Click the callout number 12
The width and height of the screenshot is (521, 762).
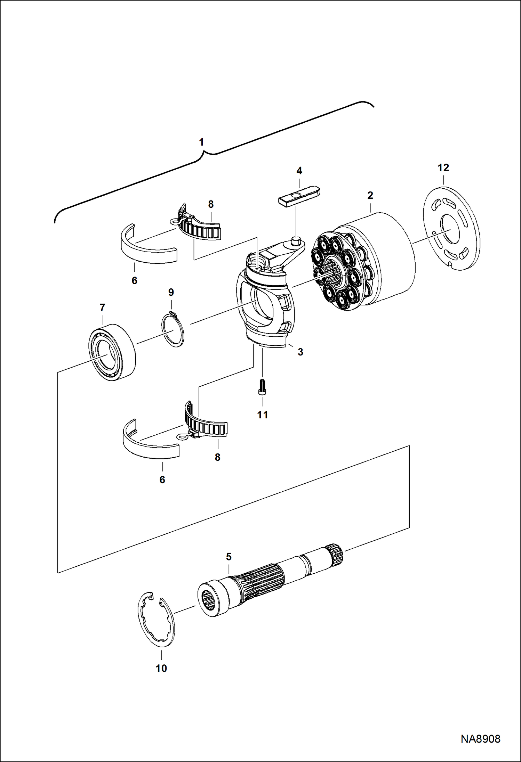[443, 168]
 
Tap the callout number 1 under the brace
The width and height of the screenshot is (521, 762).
[201, 142]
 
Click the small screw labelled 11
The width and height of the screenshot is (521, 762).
[263, 387]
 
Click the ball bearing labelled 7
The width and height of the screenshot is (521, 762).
[111, 352]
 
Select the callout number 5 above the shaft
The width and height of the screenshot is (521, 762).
[229, 557]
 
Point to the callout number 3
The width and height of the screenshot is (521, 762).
[300, 352]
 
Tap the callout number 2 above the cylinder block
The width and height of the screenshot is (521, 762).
[370, 195]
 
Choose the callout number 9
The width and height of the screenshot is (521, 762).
[171, 292]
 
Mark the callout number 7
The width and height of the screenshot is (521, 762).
[102, 308]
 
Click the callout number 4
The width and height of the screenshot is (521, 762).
[299, 171]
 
